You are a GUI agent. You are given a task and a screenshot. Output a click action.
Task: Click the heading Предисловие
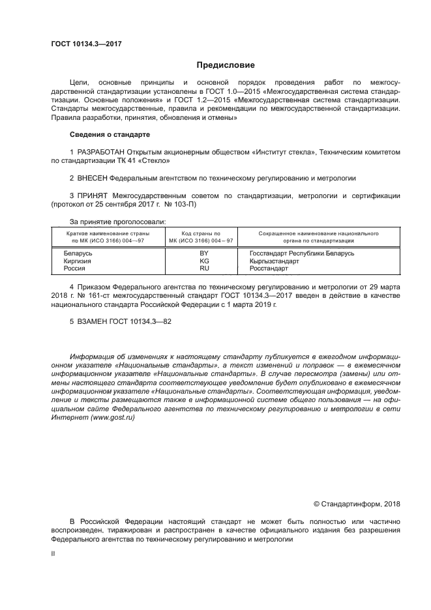[x=226, y=65]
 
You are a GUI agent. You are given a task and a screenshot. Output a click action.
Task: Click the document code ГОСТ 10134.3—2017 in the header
[x=86, y=44]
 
